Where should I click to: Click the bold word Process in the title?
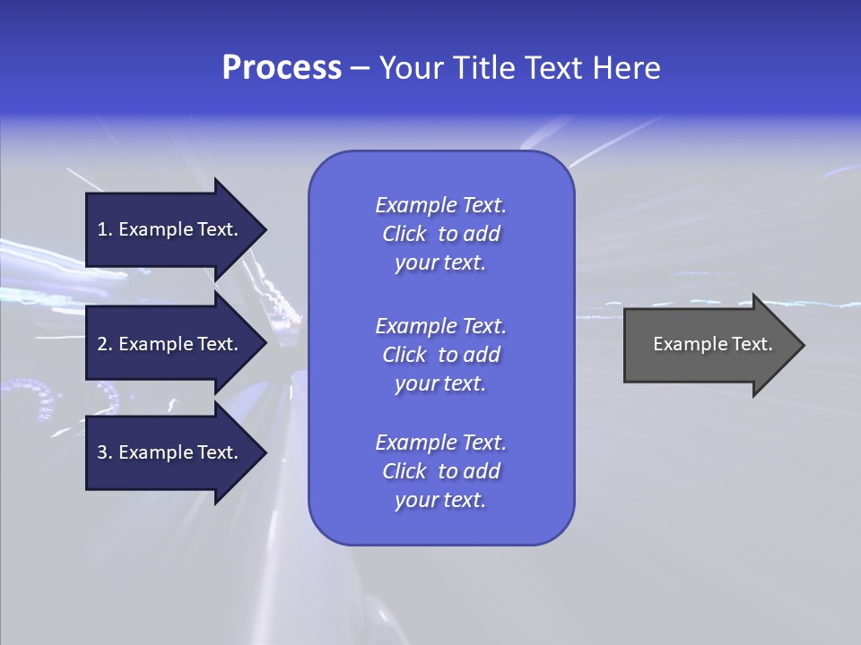[282, 68]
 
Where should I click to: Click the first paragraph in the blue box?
[440, 234]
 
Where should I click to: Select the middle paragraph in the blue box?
[440, 355]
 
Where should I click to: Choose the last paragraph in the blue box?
[440, 471]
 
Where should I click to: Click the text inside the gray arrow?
[712, 344]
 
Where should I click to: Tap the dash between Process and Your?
[361, 69]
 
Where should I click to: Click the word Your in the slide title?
[413, 68]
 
